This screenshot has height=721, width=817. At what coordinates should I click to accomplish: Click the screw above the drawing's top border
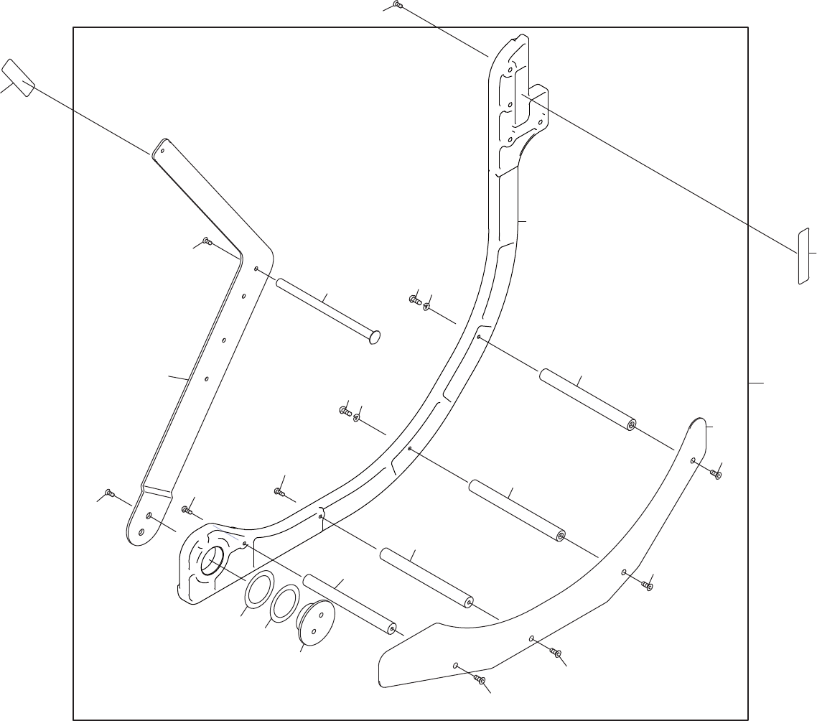coord(398,5)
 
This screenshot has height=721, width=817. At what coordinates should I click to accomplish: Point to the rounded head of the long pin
coord(374,337)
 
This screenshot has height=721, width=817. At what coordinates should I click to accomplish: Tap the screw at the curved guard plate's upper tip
coord(716,473)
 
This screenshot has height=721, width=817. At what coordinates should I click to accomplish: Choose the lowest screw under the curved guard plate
coord(481,679)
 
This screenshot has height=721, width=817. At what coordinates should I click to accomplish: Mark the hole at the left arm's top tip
coord(163,151)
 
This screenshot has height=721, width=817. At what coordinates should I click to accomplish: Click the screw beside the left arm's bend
coord(207,241)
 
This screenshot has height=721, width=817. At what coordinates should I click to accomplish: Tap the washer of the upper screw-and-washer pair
coord(426,306)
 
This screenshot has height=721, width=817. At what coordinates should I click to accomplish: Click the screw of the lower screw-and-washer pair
coord(344,411)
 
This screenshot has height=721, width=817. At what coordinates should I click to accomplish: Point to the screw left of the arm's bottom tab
coord(109,493)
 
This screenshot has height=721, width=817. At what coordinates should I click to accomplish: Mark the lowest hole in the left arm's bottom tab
coord(141,532)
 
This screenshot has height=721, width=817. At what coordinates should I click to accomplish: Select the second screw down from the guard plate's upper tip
coord(648,585)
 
